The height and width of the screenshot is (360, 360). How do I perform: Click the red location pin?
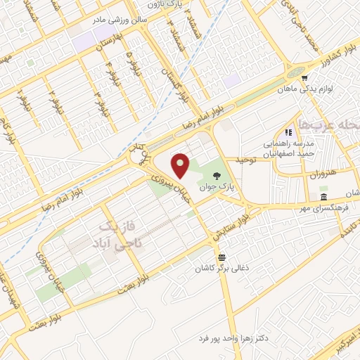(x=181, y=165)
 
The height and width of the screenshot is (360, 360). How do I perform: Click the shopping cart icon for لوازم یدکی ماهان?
(x=304, y=77)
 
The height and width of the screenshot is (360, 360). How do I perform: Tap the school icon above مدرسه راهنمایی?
(x=288, y=132)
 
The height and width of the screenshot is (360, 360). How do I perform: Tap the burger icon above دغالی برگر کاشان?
(x=221, y=257)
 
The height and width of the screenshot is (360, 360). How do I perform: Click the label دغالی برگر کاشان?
(x=221, y=269)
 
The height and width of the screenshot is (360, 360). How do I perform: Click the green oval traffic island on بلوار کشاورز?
(x=292, y=70)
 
